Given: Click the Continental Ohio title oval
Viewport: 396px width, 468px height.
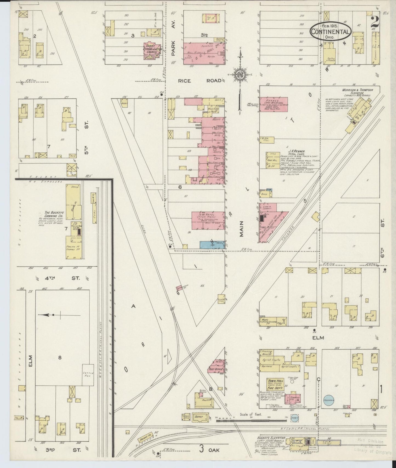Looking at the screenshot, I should (x=331, y=32).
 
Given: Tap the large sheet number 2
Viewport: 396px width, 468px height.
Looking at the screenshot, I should (x=375, y=22).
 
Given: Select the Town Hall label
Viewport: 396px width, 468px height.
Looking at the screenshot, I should (x=275, y=381).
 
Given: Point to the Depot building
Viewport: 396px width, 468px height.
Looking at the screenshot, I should (x=199, y=417).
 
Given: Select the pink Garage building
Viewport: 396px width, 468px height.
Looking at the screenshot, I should (x=274, y=104).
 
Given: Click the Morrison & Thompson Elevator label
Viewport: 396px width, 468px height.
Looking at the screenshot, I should (x=357, y=91).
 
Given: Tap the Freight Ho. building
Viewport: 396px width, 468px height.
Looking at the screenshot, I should (x=146, y=442).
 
